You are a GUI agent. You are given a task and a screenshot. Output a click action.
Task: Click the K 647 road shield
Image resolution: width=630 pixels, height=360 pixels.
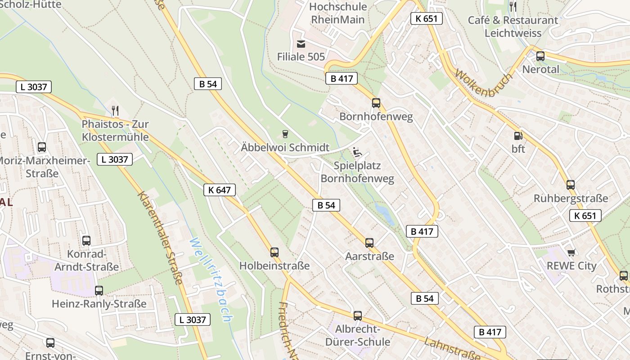coord(220,190)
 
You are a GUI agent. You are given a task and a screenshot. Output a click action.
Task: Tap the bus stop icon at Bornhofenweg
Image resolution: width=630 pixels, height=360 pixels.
coord(376,103)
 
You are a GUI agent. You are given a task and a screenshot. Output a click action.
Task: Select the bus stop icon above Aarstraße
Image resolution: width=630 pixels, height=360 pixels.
coord(369,243)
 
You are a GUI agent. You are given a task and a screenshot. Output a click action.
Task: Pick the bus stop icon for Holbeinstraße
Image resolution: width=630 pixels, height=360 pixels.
coord(274,252)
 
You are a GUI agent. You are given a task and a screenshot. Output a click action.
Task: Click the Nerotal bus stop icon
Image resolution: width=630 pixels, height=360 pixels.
coord(540,56)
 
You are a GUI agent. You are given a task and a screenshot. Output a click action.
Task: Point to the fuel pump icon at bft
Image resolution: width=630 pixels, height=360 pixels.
coord(518,135)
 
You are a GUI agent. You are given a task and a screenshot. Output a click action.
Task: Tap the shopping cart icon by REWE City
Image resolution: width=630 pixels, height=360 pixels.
coord(571,252)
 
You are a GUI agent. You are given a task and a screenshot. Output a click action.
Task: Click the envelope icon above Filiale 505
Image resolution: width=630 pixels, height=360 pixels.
coord(301,44)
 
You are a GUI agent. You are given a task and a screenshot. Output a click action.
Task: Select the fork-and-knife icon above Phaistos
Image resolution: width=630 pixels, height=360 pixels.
coord(115,110)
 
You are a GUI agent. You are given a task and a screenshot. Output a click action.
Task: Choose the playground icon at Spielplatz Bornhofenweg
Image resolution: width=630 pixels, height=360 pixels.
coord(357,152)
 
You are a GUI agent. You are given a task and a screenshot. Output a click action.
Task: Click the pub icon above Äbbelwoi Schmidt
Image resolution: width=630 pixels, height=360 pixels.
coord(285,134)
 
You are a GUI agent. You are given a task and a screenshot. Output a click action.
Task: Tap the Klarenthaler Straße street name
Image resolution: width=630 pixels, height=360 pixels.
coord(160,238)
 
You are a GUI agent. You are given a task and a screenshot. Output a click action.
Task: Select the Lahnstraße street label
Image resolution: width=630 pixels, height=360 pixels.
coord(452,349)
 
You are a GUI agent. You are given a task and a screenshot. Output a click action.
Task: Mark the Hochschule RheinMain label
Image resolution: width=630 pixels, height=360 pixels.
coord(338,13)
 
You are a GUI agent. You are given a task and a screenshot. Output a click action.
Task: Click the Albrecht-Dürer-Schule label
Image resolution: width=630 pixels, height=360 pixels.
coord(357,335)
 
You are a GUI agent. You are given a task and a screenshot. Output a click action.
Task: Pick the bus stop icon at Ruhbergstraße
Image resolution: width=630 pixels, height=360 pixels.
coord(571,184)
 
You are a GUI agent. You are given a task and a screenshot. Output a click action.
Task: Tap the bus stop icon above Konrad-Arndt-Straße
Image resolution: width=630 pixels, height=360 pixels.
coord(86,241)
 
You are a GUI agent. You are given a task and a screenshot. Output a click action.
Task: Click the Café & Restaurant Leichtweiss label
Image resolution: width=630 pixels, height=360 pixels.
coord(513,27)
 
